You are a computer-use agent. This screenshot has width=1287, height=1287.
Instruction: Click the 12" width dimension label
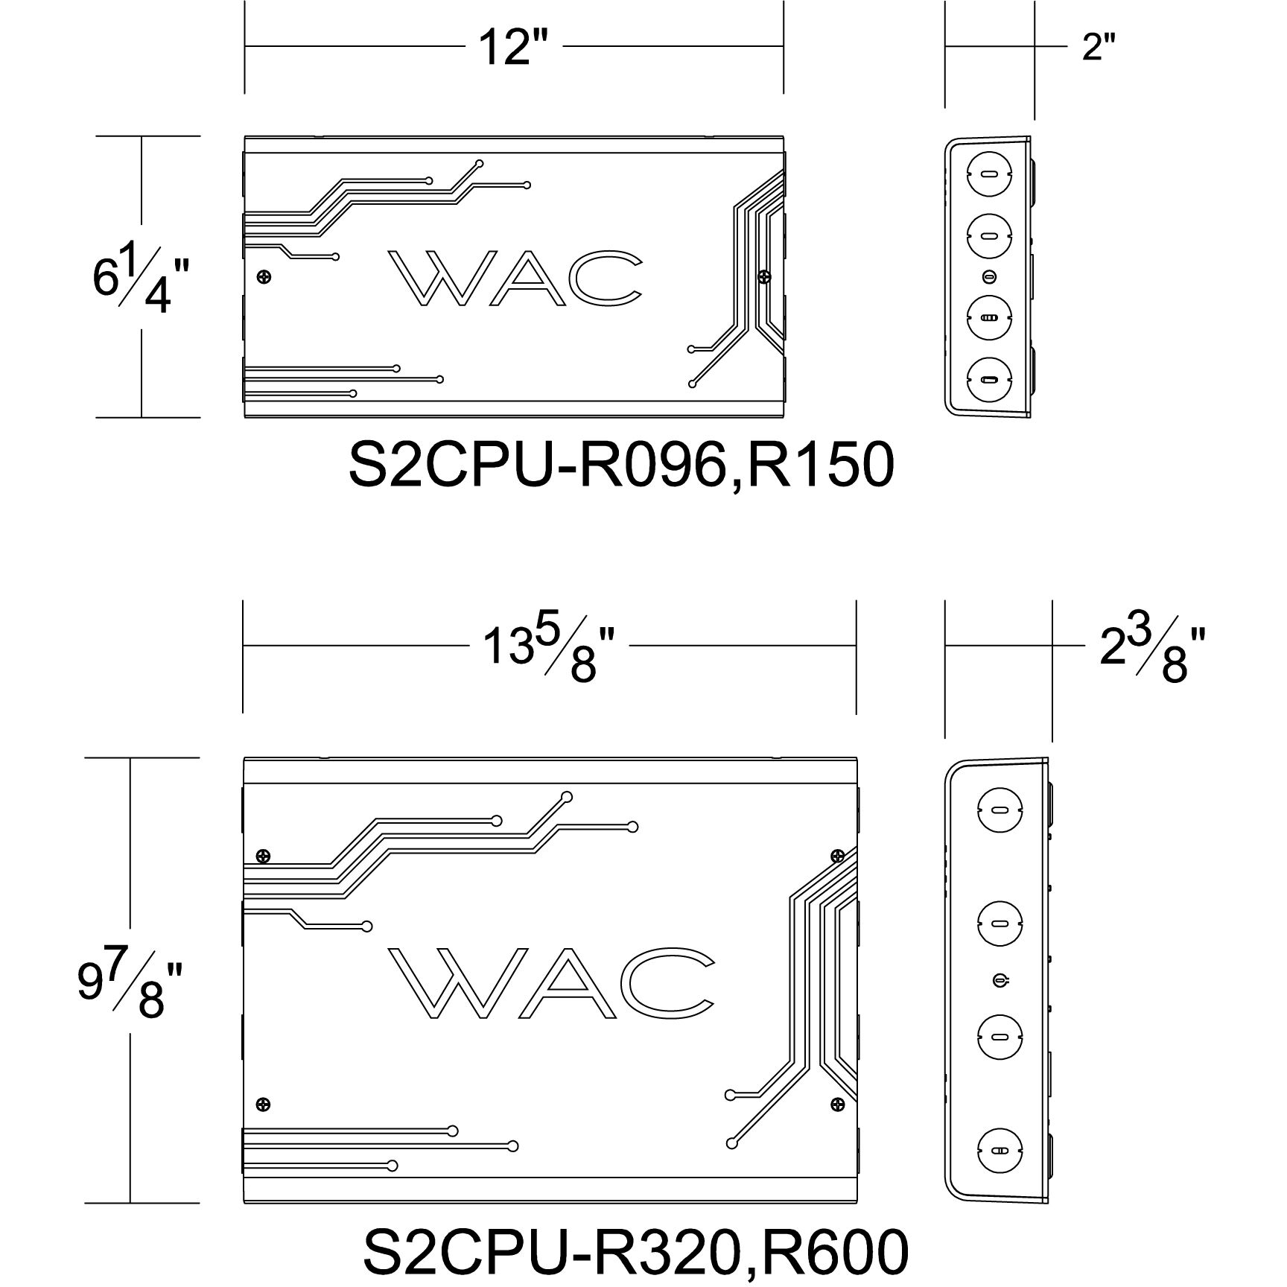coord(513,47)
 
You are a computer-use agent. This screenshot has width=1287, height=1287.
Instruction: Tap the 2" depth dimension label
coord(1099,47)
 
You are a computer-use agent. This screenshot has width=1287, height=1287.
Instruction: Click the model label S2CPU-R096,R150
coord(621,465)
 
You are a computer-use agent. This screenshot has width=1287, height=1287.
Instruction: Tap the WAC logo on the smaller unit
coord(514,279)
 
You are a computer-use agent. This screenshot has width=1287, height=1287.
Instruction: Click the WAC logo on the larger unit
coord(551,982)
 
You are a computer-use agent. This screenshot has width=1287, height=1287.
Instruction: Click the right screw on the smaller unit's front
coord(764,277)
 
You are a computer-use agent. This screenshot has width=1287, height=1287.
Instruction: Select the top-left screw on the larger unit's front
coord(261,857)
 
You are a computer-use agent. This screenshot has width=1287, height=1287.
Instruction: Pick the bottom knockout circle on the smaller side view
coord(989,381)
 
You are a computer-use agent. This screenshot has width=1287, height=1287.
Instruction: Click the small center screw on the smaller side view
coord(989,277)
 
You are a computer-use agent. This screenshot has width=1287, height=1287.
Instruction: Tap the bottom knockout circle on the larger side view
coord(1000,1151)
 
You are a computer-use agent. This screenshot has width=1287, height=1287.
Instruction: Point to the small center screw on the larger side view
coord(1000,980)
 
